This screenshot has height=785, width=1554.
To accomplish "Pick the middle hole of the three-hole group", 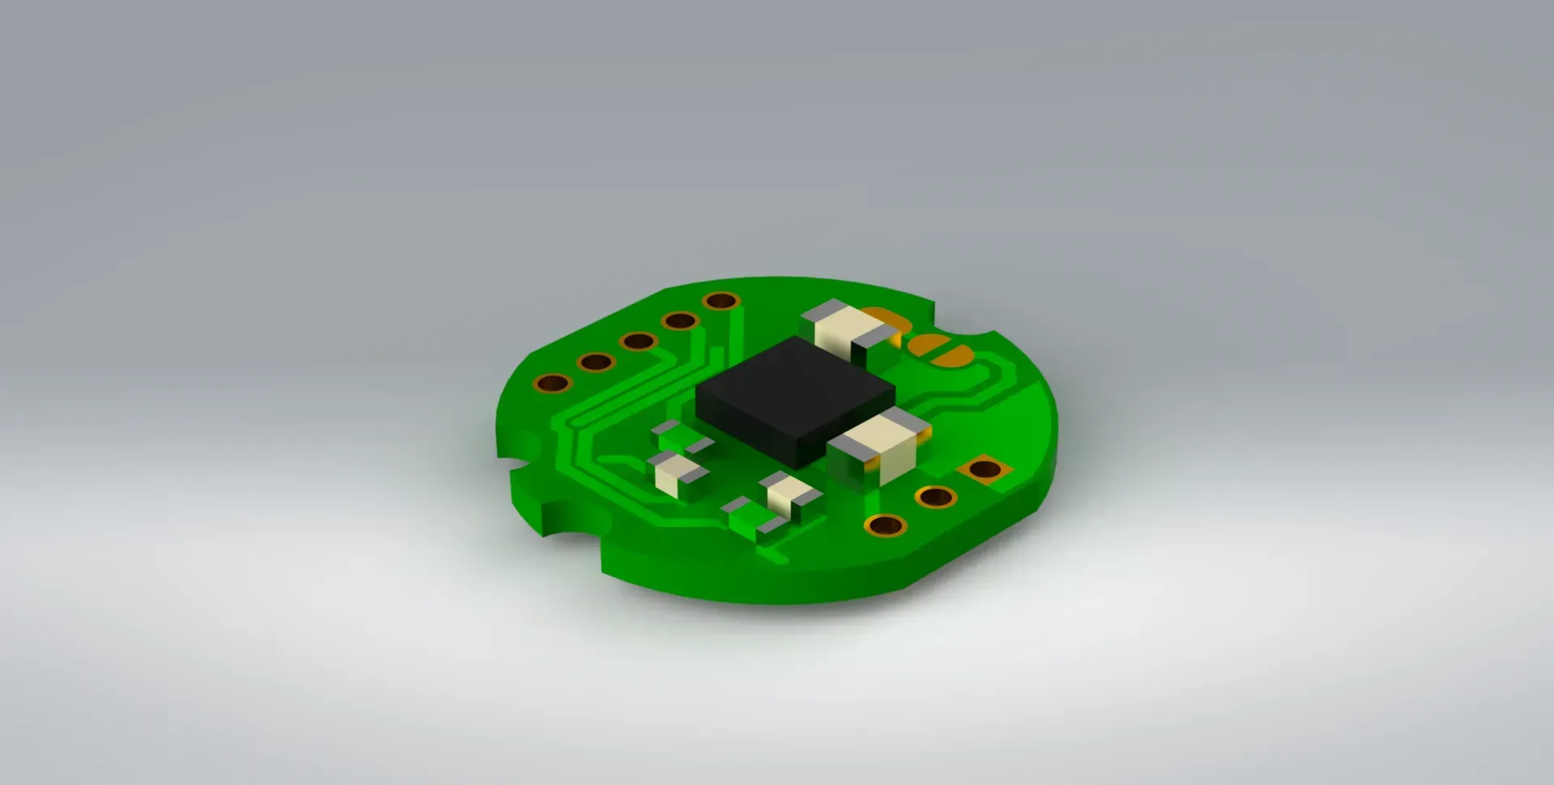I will (x=936, y=496).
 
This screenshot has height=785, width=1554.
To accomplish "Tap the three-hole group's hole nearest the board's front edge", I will (x=885, y=526).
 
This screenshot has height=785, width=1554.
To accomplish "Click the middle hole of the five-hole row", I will (x=638, y=342).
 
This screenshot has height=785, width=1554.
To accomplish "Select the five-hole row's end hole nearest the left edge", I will (x=553, y=383).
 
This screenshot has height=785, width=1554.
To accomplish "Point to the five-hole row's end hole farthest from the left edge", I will (x=721, y=302).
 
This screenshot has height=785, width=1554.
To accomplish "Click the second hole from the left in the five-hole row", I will (x=596, y=362).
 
